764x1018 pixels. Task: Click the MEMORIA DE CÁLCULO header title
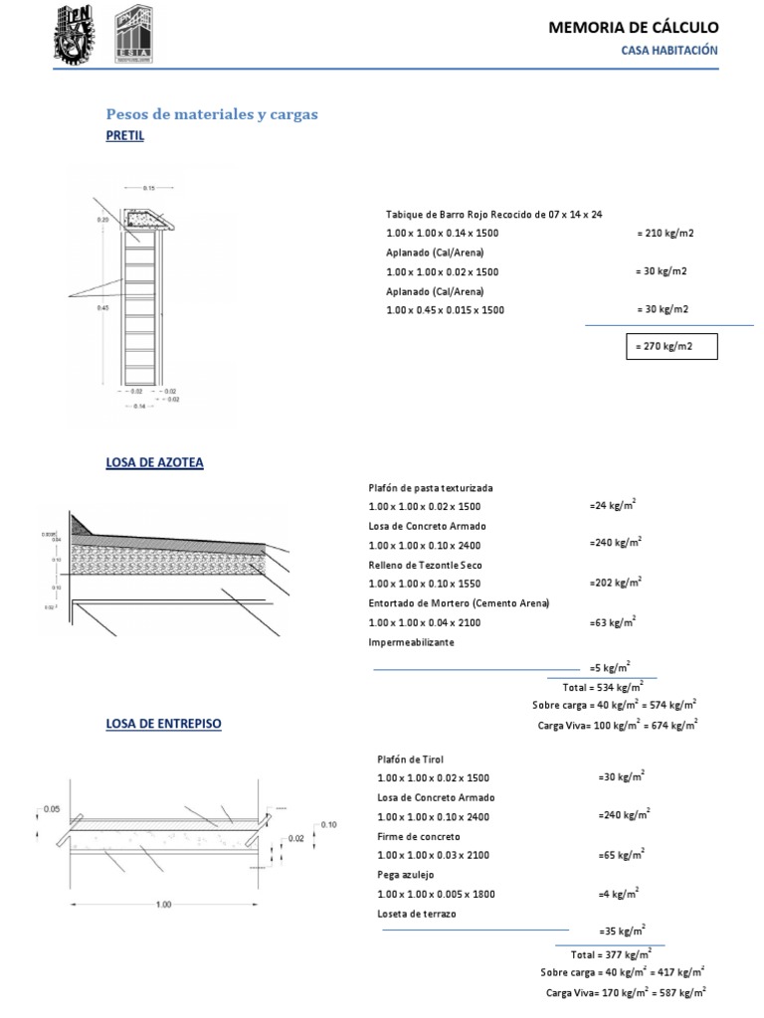(633, 28)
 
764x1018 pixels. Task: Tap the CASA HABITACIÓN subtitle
(669, 51)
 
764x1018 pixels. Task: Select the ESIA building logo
(134, 34)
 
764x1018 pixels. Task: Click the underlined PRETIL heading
(124, 136)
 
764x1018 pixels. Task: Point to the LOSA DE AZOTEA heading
(154, 462)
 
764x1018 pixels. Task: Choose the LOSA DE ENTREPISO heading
(163, 724)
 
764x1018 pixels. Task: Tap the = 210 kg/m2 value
(665, 233)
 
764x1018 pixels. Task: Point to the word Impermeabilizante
(411, 643)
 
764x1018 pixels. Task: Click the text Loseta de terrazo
(417, 913)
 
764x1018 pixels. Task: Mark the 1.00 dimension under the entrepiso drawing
(164, 904)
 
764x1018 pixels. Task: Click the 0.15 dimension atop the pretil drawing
(149, 187)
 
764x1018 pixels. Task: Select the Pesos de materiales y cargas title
(212, 114)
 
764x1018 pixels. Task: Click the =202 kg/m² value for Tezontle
(616, 583)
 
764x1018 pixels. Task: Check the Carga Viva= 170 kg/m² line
(626, 991)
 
